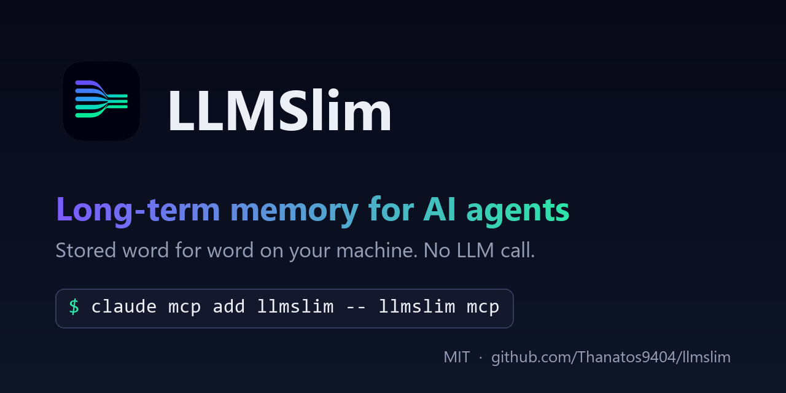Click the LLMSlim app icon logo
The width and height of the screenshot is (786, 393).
(101, 101)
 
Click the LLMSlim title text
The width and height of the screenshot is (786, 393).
(279, 110)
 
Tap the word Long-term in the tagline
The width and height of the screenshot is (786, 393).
(138, 211)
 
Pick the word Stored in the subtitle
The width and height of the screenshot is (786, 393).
(86, 250)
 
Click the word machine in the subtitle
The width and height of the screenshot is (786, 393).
(377, 250)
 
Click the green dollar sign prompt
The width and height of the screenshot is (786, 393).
(74, 306)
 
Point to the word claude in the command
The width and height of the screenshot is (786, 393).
(124, 306)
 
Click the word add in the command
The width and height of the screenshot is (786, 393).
(229, 306)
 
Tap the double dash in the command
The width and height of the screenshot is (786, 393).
(356, 308)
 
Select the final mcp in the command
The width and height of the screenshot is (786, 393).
(483, 308)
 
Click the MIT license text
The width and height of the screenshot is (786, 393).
(456, 357)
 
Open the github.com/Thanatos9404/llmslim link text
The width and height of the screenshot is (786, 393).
(611, 357)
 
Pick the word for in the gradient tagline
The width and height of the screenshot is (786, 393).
(391, 209)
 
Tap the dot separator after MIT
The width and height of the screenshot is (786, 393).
(480, 358)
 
